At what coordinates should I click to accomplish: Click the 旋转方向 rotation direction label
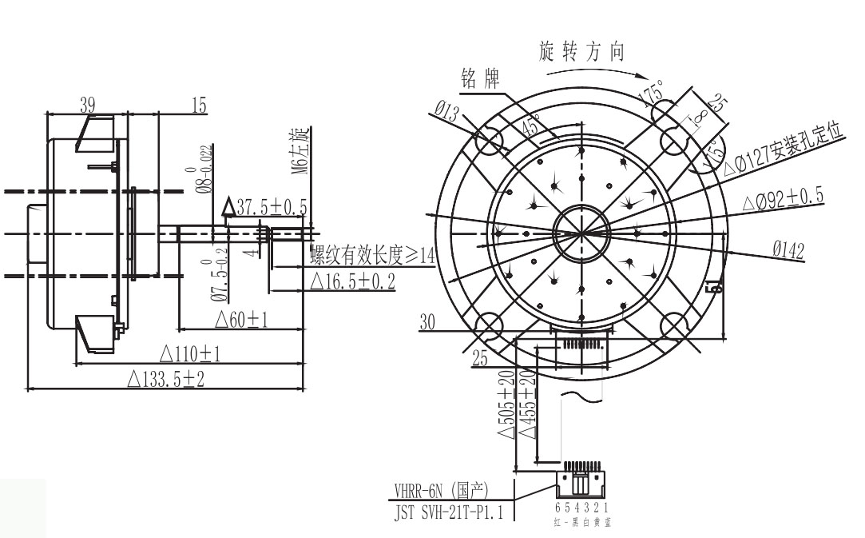(582, 53)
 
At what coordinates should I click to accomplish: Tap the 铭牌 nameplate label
(480, 78)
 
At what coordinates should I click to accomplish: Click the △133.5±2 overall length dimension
(165, 379)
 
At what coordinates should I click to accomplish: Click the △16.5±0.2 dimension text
(351, 281)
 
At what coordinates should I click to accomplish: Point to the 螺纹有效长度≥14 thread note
(372, 256)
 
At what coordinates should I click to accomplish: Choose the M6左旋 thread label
(300, 151)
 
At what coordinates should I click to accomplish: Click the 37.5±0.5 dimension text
(268, 207)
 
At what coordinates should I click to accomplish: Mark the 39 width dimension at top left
(88, 105)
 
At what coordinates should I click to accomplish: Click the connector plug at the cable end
(582, 481)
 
